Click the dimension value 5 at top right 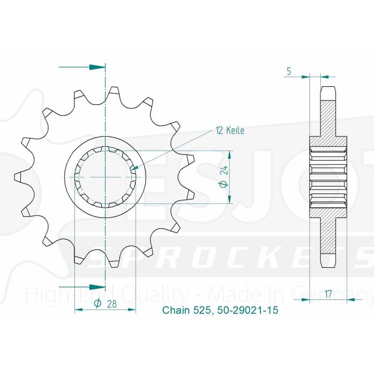point(289,70)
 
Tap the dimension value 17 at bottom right point(328,294)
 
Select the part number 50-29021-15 point(248,310)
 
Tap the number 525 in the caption point(204,310)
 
